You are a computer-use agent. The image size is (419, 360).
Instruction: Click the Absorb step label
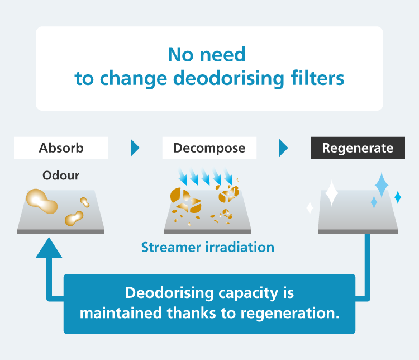[61, 148]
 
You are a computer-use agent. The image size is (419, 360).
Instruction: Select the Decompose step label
[209, 148]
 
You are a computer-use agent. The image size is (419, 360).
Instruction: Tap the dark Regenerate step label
[358, 148]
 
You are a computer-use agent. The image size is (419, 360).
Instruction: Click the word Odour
[61, 176]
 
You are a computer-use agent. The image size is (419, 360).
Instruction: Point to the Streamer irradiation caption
[208, 247]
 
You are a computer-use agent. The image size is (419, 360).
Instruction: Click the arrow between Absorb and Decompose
[135, 148]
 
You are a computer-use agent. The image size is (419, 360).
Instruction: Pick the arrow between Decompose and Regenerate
[284, 148]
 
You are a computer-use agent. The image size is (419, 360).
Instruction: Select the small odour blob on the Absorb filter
[75, 217]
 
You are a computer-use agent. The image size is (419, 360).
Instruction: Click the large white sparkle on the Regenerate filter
[331, 193]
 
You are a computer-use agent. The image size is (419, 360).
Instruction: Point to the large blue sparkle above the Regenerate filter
[382, 184]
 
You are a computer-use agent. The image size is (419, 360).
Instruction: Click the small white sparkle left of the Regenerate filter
[310, 209]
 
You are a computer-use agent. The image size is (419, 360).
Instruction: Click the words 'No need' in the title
[207, 54]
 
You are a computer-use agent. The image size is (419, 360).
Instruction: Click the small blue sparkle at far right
[398, 197]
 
